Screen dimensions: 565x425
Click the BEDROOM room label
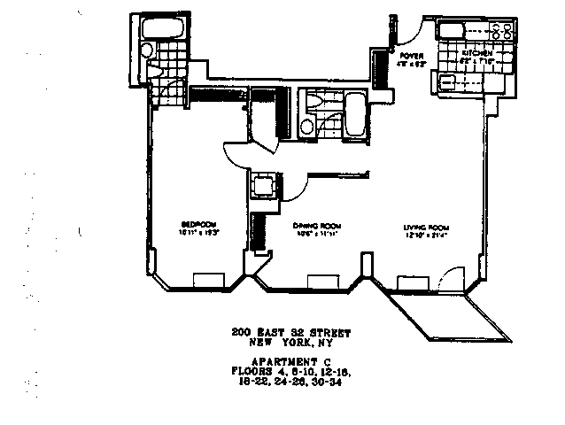[x=196, y=222]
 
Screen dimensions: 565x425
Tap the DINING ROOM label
[x=313, y=226]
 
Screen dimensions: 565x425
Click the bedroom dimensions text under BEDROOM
[x=196, y=231]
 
